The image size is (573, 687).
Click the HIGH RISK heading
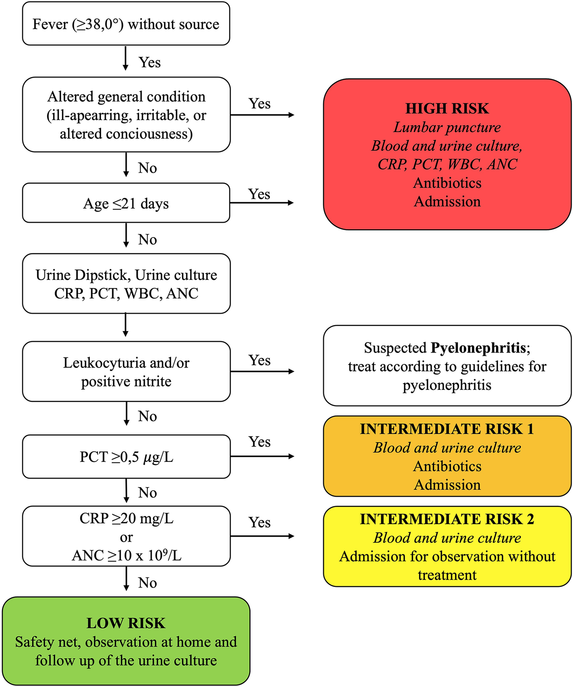pos(447,109)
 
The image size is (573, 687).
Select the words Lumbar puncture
pos(447,127)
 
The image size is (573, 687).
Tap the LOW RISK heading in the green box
pos(126,623)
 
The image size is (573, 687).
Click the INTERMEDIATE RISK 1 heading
pos(447,429)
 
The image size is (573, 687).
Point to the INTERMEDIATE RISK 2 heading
pos(447,519)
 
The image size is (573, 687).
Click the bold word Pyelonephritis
pos(478,348)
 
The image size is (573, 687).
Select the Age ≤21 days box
pos(126,203)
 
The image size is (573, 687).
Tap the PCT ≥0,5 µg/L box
pos(126,457)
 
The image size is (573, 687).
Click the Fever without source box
pos(126,24)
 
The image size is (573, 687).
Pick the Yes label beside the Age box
pos(259,194)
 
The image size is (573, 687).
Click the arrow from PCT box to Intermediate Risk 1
pos(262,456)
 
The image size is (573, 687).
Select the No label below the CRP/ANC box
pos(147,583)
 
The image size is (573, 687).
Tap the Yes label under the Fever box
pos(149,62)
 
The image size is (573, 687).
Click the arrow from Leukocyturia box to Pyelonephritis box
pos(262,372)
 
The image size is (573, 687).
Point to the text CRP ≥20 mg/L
pos(126,519)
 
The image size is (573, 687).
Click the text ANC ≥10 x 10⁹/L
pos(126,555)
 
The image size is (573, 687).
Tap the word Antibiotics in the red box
pos(447,183)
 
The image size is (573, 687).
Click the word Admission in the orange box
pos(447,485)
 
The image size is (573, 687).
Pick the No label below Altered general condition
pos(147,168)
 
